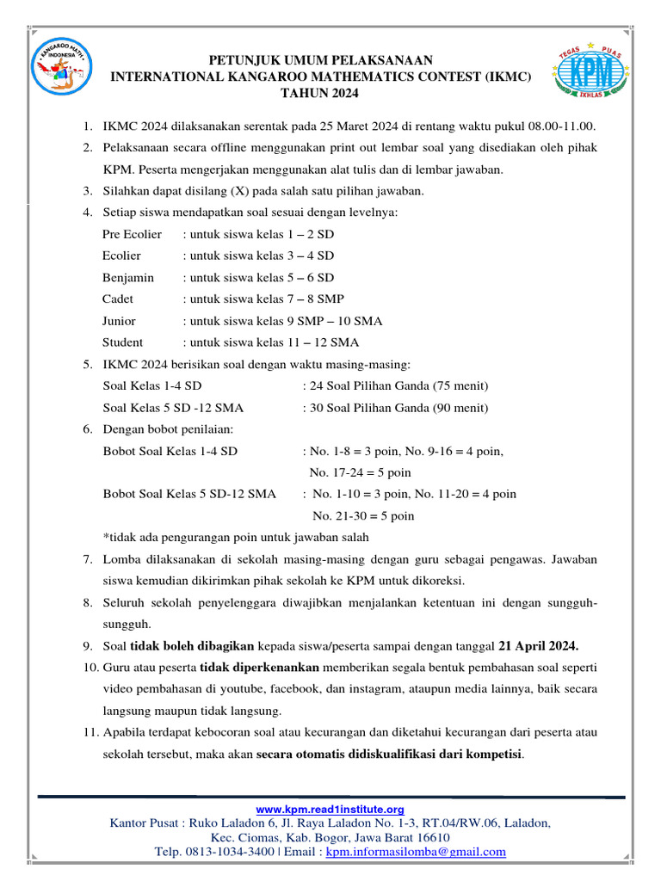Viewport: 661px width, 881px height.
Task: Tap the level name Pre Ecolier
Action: pos(132,234)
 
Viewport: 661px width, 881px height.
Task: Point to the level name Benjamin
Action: pos(128,277)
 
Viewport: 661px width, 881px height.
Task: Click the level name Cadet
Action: pos(118,299)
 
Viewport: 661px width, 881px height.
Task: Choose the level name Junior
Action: pos(119,321)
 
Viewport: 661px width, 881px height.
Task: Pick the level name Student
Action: pos(122,342)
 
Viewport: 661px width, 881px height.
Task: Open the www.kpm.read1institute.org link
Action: pos(330,810)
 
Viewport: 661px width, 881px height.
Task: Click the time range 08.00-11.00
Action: pos(556,126)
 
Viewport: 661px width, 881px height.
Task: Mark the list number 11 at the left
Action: pos(90,733)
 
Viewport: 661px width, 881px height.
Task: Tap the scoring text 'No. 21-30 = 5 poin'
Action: pos(363,516)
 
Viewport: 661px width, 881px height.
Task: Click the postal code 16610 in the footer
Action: pos(429,837)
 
